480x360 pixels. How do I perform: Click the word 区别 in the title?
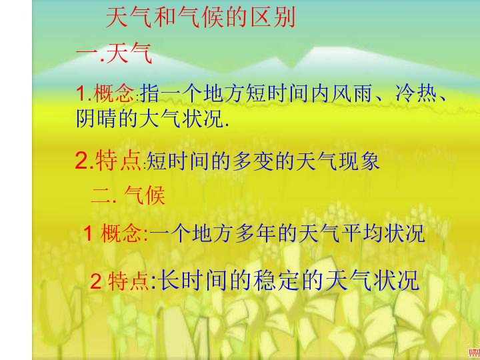273,17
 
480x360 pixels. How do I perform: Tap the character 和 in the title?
165,17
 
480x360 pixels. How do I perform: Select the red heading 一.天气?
114,53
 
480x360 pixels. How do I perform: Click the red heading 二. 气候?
128,195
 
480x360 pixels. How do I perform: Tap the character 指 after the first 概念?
150,93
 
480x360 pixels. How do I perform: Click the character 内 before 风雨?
320,93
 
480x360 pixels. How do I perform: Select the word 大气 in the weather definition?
159,118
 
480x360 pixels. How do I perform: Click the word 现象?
359,161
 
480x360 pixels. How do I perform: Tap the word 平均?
361,233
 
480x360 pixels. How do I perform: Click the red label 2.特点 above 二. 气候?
108,161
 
